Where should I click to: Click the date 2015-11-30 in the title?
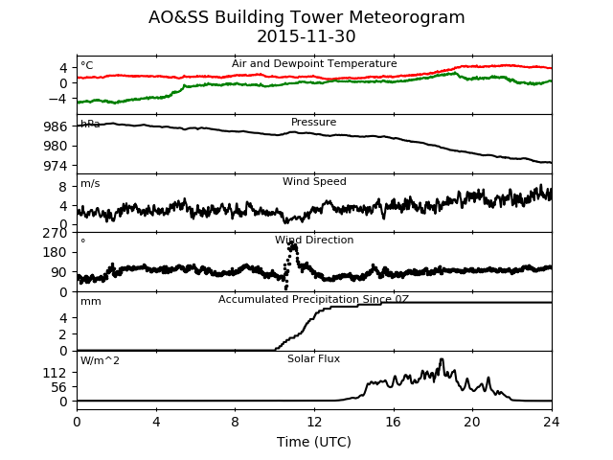306,36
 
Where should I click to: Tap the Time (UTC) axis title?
314,442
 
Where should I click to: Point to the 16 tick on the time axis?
394,422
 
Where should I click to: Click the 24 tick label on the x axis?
552,422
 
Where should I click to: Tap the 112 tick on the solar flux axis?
56,373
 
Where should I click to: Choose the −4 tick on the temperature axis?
57,99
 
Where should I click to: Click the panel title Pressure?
313,122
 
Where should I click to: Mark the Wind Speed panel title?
314,181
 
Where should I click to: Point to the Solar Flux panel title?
313,358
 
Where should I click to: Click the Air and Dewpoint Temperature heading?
314,63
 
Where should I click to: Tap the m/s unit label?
90,183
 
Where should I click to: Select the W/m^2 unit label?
100,360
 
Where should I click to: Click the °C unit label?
87,65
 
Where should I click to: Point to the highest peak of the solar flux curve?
442,359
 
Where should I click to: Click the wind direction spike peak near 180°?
291,244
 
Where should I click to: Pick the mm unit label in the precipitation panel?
91,302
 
